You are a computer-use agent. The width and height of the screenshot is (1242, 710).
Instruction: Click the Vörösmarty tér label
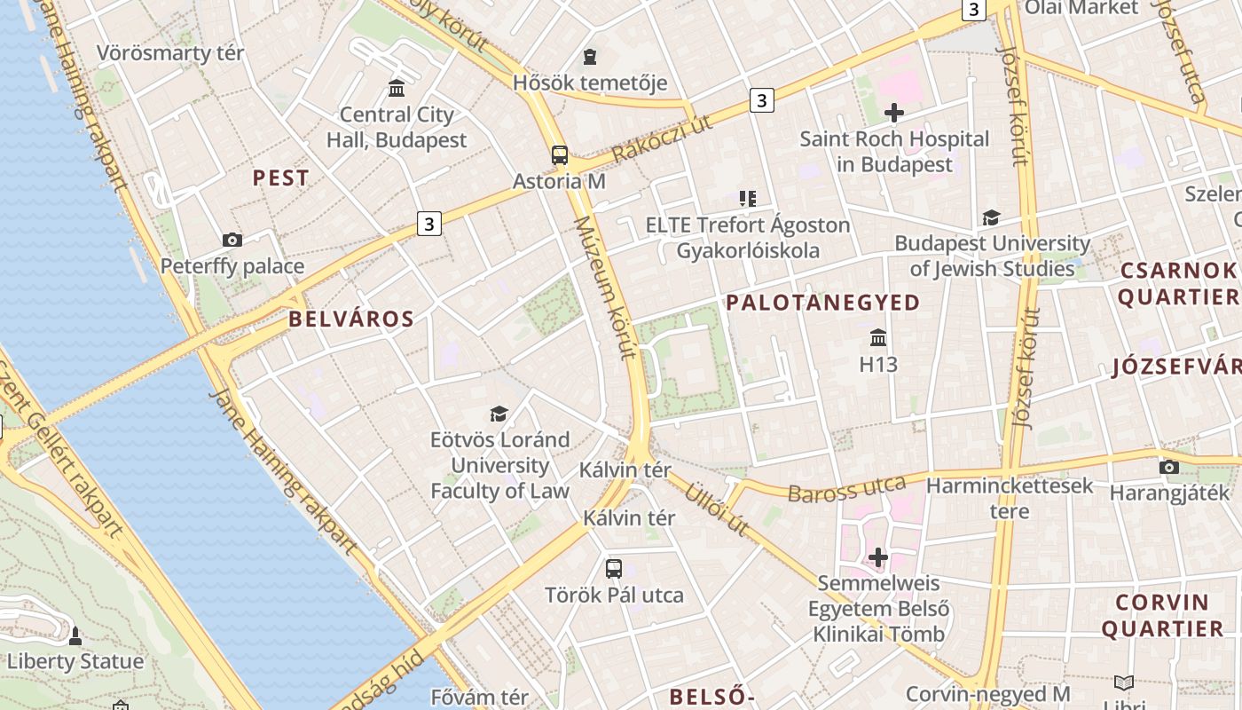point(170,53)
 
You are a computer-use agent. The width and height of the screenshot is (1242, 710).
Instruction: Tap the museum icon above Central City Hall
point(397,89)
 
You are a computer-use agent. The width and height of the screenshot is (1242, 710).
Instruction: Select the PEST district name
point(281,178)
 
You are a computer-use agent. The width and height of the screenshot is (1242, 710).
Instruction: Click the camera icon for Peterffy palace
point(232,240)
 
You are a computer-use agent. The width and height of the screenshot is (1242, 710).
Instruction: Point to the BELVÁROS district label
point(351,319)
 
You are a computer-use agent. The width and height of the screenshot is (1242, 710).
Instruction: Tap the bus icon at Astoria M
point(560,155)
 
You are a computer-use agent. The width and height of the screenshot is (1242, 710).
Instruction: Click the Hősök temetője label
point(590,83)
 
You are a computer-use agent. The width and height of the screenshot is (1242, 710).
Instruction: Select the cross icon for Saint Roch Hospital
point(894,113)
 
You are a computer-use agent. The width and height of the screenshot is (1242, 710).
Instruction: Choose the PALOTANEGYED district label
point(823,303)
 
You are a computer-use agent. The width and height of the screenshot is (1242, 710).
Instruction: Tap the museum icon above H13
point(878,338)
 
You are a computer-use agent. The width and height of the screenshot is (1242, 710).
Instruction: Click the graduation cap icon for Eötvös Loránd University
point(499,414)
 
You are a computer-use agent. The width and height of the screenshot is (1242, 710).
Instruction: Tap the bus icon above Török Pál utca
point(614,569)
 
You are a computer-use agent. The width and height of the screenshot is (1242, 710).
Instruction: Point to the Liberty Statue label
point(75,662)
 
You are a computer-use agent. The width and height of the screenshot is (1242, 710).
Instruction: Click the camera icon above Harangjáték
point(1169,467)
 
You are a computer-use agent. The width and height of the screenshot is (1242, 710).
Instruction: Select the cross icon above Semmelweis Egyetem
point(878,557)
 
